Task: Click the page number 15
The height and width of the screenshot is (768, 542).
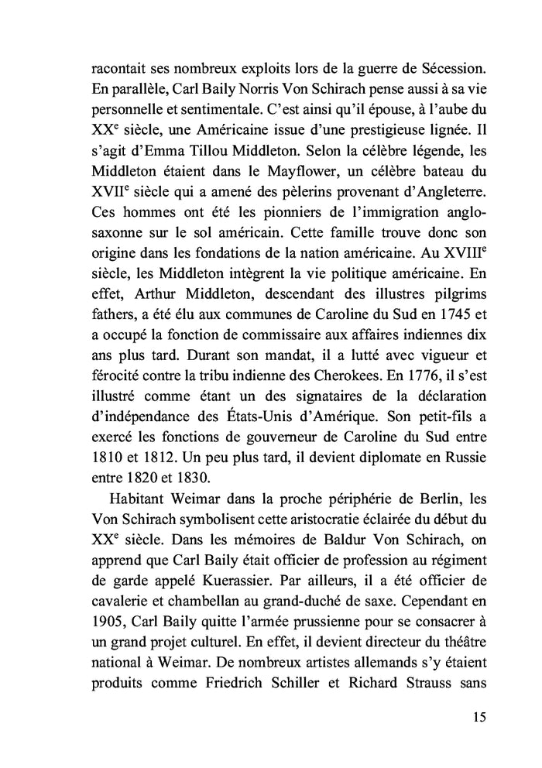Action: pos(479,716)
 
